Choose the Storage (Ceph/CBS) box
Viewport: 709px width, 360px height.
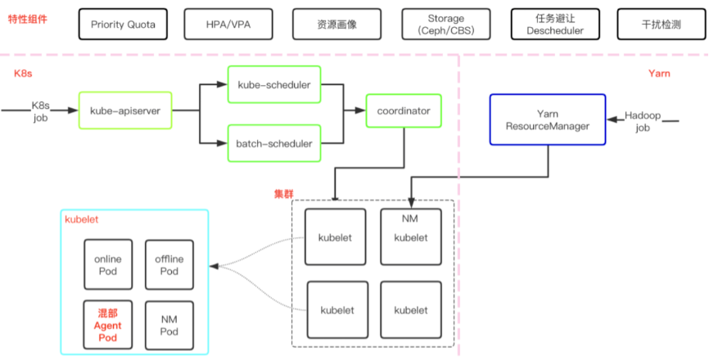445,25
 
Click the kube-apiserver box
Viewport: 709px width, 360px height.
125,110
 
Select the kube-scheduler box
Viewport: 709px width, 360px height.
274,85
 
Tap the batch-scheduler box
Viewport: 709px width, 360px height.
274,143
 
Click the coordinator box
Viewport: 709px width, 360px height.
404,110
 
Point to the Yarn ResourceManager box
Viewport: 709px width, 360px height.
547,119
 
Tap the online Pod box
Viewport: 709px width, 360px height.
108,264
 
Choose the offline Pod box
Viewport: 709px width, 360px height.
169,264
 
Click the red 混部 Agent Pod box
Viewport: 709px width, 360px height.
108,325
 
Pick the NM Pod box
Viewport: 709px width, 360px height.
169,325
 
